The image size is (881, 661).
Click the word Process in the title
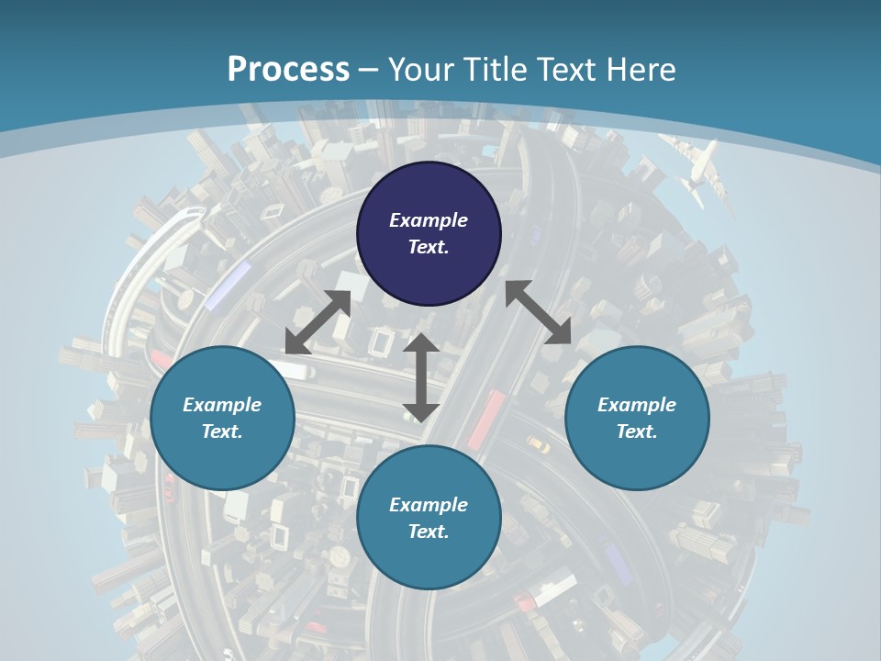click(x=288, y=70)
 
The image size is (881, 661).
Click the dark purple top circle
click(x=429, y=234)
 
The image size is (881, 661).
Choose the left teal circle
click(x=222, y=418)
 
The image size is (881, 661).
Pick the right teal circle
click(x=637, y=418)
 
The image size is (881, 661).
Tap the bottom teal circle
click(x=429, y=518)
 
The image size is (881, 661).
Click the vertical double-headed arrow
click(x=421, y=377)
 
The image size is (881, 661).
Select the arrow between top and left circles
click(x=318, y=322)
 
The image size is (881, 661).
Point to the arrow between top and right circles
click(x=538, y=312)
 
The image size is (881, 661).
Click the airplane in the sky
click(x=697, y=170)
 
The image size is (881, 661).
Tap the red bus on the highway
click(x=485, y=420)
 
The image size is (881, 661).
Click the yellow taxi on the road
click(x=538, y=445)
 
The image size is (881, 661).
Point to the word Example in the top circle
click(x=429, y=220)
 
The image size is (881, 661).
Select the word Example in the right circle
click(x=637, y=405)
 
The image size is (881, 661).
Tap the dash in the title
click(x=369, y=71)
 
